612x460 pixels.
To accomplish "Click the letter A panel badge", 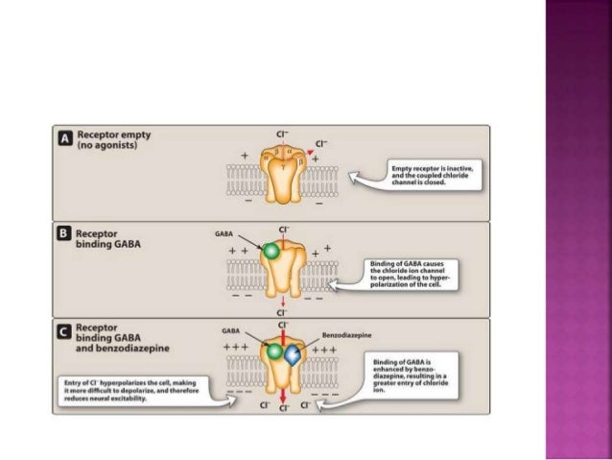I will pos(66,140).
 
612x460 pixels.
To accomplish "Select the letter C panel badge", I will pos(66,332).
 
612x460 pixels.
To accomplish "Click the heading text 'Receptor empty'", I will pos(113,135).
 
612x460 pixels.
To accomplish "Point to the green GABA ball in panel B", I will pos(272,252).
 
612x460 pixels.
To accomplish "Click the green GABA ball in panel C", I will pos(275,352).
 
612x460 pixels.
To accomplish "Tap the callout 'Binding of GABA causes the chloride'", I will pos(413,273).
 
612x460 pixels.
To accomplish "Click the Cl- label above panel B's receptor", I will pos(284,229).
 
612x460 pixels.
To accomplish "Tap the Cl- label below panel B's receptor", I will pos(284,312).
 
